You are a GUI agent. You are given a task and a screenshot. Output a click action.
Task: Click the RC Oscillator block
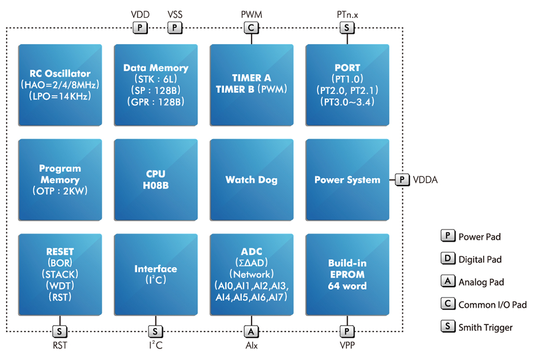(x=60, y=85)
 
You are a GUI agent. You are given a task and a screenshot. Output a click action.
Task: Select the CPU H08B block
(x=156, y=179)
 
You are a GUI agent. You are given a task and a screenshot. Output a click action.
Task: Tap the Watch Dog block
(x=251, y=179)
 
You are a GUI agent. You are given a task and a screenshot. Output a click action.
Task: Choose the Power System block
(x=347, y=179)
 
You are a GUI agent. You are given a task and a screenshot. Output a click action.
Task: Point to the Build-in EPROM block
(x=347, y=274)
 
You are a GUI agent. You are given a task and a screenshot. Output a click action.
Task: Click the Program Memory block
(x=60, y=179)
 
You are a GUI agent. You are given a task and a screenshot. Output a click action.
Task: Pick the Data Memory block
(x=156, y=85)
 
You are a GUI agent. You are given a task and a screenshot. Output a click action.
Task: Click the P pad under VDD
(x=140, y=28)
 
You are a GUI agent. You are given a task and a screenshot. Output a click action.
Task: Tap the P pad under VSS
(x=175, y=28)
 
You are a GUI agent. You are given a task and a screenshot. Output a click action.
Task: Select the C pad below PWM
(x=251, y=28)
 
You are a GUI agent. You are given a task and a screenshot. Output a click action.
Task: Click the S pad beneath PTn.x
(x=347, y=28)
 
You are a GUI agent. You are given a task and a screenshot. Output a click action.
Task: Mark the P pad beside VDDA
(x=402, y=179)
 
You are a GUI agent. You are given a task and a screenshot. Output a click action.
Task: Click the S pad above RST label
(x=60, y=331)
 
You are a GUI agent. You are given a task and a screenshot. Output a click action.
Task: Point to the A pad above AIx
(x=251, y=331)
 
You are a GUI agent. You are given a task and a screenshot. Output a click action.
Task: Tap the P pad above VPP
(x=347, y=331)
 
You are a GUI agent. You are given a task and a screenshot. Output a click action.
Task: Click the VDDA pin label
(x=425, y=179)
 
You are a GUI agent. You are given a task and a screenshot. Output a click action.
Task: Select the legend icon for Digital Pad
(x=448, y=259)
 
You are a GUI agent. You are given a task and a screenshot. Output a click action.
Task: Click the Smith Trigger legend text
(x=486, y=327)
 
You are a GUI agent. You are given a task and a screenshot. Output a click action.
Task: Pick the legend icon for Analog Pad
(x=448, y=281)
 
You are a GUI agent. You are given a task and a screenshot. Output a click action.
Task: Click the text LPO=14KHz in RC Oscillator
(x=60, y=96)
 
